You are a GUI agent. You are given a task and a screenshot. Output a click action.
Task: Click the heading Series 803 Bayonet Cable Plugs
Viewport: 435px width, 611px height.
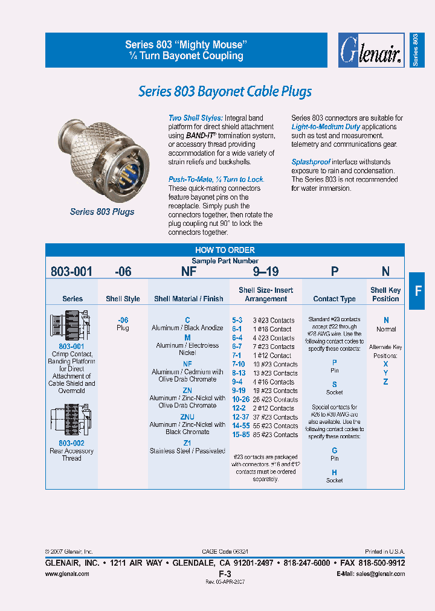[225, 92]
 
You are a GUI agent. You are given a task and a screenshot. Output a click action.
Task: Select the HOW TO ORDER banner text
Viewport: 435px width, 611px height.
[225, 250]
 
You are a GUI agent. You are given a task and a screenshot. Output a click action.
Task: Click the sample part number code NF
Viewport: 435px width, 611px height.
[188, 272]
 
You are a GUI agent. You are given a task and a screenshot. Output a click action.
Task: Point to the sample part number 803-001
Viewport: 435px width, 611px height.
[71, 272]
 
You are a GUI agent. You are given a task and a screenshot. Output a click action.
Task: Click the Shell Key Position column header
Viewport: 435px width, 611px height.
[385, 295]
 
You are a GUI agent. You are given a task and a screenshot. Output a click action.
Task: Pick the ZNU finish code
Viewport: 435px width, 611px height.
[187, 416]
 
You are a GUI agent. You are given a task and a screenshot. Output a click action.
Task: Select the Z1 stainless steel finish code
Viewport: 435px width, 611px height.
[187, 443]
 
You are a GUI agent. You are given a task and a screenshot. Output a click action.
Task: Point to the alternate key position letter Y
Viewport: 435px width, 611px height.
[385, 373]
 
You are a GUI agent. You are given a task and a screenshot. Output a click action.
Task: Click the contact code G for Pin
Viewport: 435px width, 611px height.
[334, 450]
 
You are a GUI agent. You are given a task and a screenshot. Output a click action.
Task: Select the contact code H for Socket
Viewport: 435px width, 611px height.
[334, 472]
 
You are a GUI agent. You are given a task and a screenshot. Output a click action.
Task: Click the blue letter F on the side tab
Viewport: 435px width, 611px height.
[417, 290]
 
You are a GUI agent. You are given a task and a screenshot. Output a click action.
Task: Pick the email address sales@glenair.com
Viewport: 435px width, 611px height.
[379, 574]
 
